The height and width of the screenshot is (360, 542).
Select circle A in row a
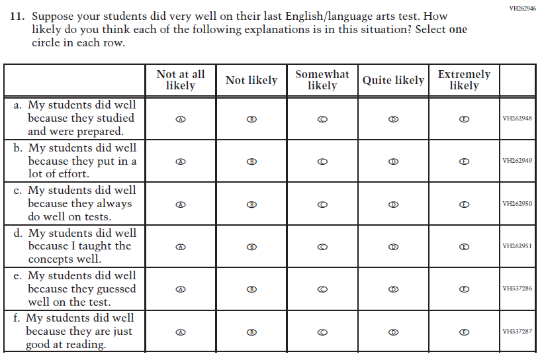pos(181,119)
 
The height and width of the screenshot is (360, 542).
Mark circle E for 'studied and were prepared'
pos(464,119)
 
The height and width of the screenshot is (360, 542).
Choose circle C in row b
pos(322,161)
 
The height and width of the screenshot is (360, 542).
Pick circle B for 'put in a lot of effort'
pos(251,161)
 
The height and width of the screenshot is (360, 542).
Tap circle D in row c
pos(393,204)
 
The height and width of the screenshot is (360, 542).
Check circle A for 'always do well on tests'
pos(181,204)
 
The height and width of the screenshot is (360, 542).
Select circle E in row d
pos(464,247)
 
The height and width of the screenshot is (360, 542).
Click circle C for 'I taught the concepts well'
pos(322,247)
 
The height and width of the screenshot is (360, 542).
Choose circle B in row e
pos(251,289)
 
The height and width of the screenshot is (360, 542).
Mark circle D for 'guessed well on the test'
pos(393,289)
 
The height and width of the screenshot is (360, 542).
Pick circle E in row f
pos(464,332)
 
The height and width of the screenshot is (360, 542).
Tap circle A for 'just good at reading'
pos(181,332)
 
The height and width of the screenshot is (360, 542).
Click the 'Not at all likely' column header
pos(181,80)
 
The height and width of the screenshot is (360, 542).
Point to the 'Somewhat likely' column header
pos(322,80)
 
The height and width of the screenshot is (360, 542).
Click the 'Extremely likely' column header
pos(464,80)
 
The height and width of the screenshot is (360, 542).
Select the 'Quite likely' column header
pos(393,81)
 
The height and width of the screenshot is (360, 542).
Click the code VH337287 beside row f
pos(517,332)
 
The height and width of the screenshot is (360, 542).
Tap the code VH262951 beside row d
pos(517,247)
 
